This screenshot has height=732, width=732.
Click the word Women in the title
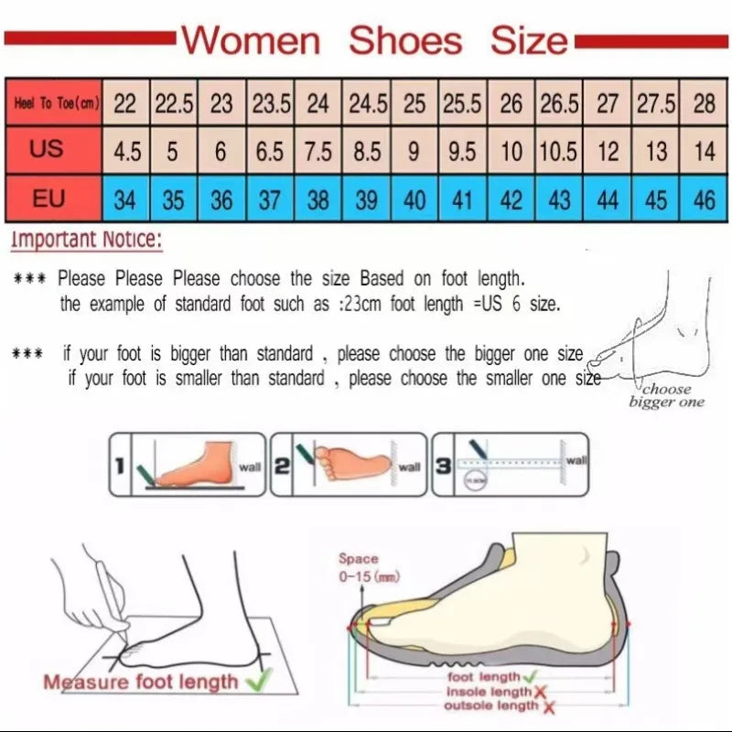251,40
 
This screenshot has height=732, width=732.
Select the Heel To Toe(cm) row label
55,103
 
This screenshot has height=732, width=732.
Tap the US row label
48,149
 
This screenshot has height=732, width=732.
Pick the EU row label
48,198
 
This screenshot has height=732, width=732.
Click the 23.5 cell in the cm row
270,103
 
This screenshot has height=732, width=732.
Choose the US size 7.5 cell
318,151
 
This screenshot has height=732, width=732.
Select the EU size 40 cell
414,199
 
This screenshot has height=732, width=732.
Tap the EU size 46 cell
704,199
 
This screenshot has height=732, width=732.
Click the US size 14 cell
704,151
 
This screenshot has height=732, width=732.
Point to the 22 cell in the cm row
124,103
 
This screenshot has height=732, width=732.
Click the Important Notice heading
87,241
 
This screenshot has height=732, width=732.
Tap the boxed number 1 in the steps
119,466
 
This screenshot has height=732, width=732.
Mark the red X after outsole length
549,706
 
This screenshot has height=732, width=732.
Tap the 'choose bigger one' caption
666,396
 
